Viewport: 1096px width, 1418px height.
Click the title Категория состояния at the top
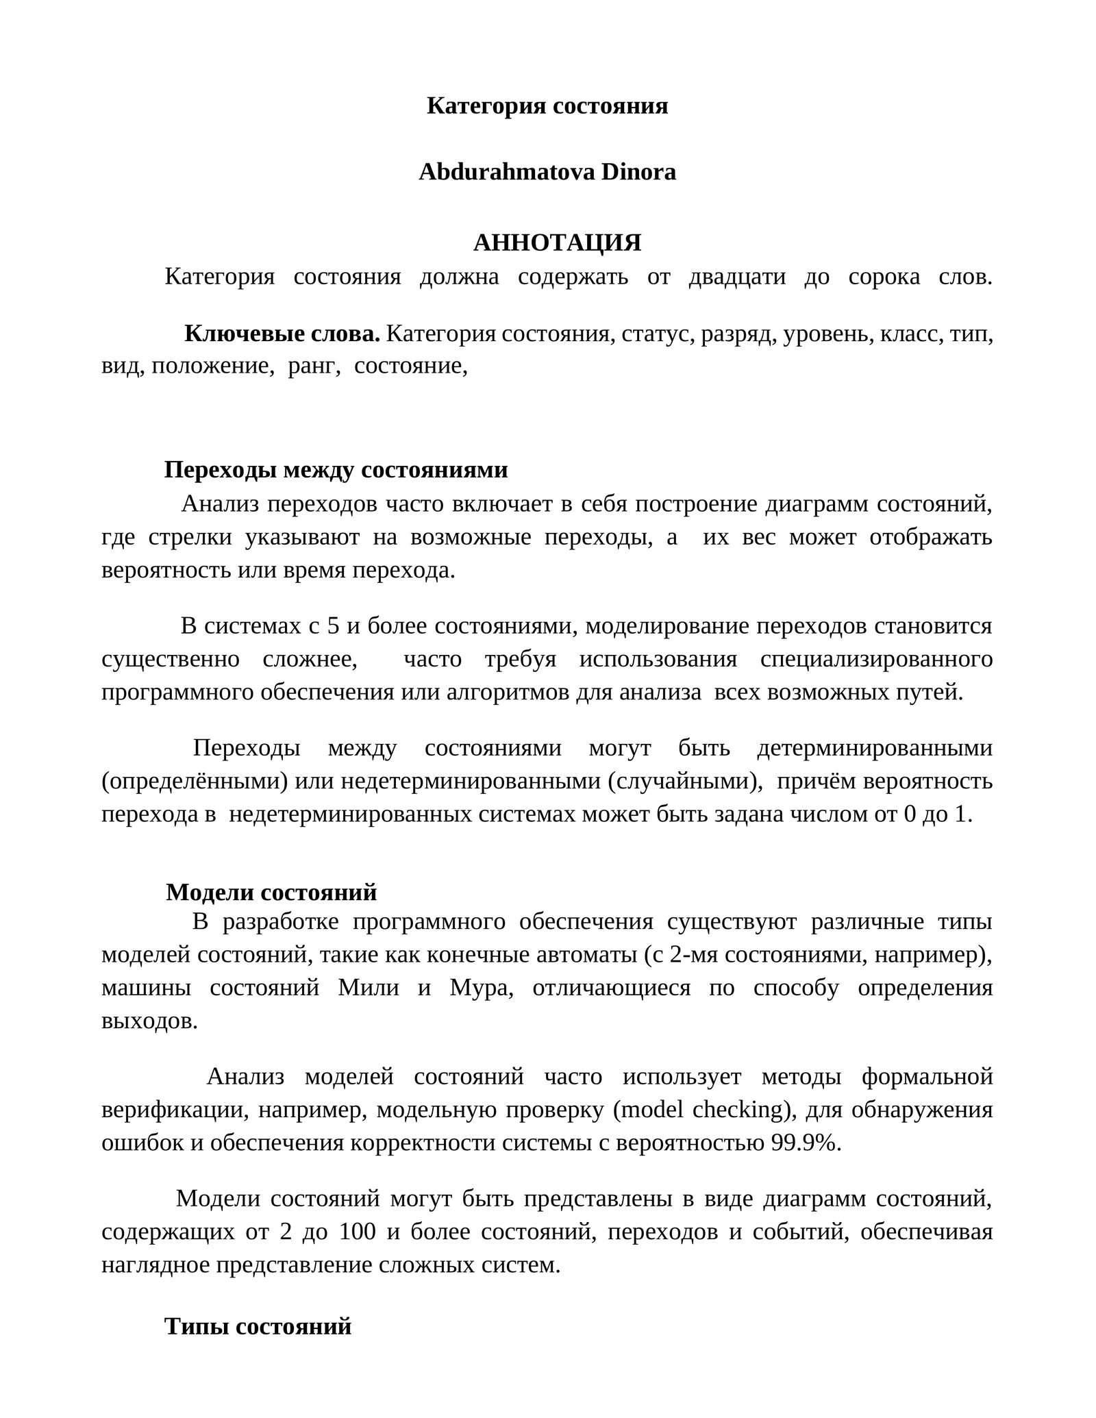[x=547, y=105]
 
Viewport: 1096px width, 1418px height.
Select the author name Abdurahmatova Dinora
[x=547, y=172]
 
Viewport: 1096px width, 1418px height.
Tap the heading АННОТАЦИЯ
[x=557, y=242]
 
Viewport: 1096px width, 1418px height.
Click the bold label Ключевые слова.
[x=282, y=334]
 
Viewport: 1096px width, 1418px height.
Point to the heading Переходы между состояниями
[x=336, y=470]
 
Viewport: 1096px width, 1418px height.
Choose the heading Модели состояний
[x=271, y=892]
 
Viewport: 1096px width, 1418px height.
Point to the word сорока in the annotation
[x=884, y=277]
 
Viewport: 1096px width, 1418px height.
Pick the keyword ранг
[x=314, y=366]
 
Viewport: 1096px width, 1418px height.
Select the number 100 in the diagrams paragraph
[x=357, y=1232]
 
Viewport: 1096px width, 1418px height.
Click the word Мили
[x=368, y=988]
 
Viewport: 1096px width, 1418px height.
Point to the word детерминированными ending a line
[x=874, y=748]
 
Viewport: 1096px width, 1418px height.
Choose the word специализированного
[x=875, y=659]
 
